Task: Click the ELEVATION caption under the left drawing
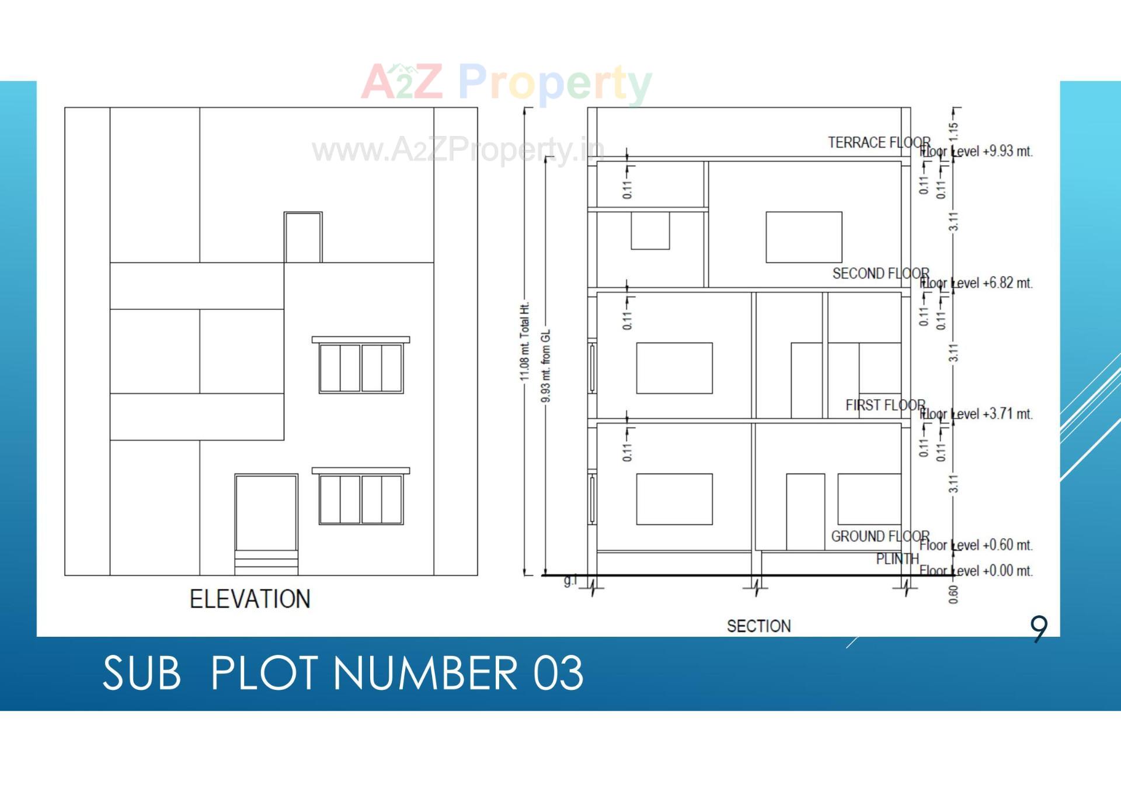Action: click(250, 599)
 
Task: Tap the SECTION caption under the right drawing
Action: click(758, 626)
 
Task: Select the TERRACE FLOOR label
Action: click(879, 142)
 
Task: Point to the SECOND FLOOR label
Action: click(880, 273)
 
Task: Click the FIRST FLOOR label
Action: click(885, 405)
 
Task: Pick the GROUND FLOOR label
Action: click(880, 536)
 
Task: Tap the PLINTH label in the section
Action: click(897, 559)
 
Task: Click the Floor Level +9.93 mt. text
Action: click(976, 151)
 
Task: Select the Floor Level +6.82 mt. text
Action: click(976, 283)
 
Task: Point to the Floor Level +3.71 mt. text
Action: click(976, 414)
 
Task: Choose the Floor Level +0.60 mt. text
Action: click(976, 545)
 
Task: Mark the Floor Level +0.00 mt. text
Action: click(976, 570)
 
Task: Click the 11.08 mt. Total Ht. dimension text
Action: click(525, 341)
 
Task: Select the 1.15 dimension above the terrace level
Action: click(953, 131)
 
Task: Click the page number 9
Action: click(1039, 629)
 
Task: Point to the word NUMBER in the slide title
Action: click(425, 673)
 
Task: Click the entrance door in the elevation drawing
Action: click(266, 514)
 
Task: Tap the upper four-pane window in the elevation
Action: click(361, 368)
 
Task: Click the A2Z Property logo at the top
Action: click(506, 83)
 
